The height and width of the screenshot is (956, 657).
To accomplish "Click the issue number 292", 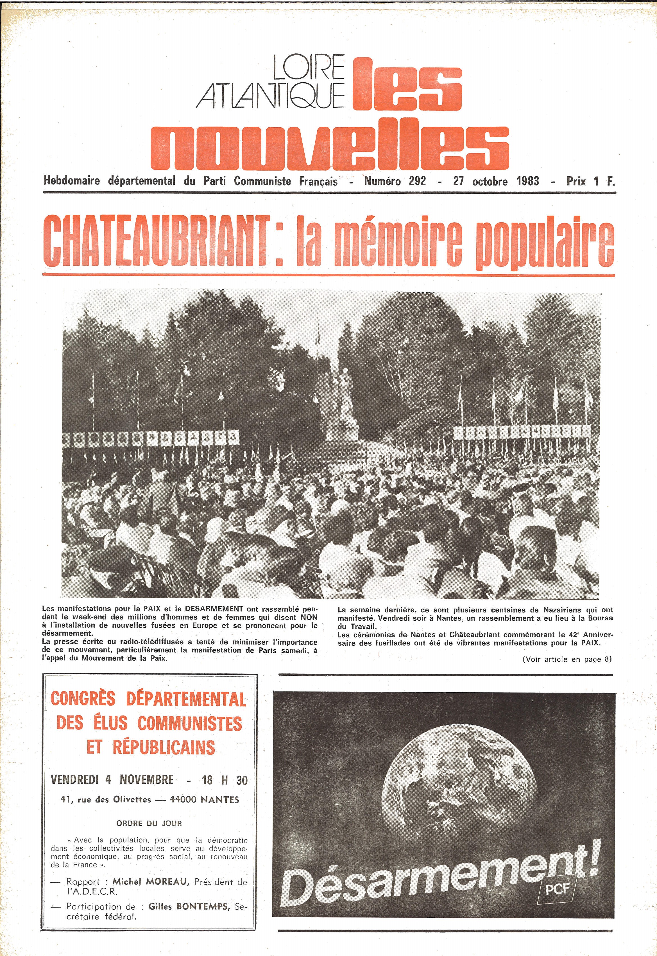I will click(x=417, y=181).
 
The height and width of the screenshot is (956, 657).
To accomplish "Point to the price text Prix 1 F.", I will click(x=590, y=181).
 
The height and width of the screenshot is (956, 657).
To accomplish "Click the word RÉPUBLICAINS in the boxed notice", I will click(x=164, y=747).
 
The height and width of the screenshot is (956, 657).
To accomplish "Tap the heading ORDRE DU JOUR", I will click(x=149, y=823).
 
